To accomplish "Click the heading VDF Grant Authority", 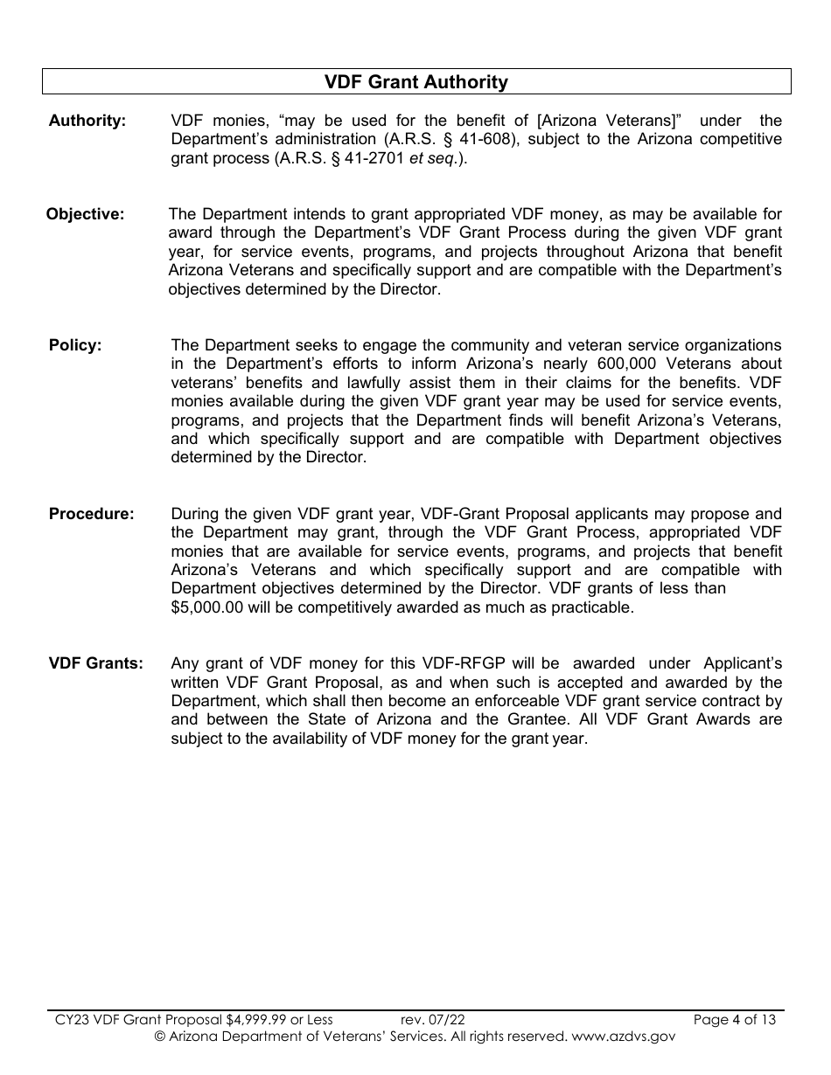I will pyautogui.click(x=416, y=82).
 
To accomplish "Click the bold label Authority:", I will pyautogui.click(x=87, y=121).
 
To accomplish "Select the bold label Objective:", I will pyautogui.click(x=85, y=214).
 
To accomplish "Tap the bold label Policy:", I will pyautogui.click(x=75, y=345).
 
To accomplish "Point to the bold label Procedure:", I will pyautogui.click(x=92, y=514).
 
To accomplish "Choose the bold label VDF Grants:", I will pyautogui.click(x=95, y=663).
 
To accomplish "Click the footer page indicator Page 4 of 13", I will pyautogui.click(x=734, y=1019).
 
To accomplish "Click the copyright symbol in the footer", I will pyautogui.click(x=160, y=1037).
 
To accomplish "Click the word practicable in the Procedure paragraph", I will pyautogui.click(x=589, y=607).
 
